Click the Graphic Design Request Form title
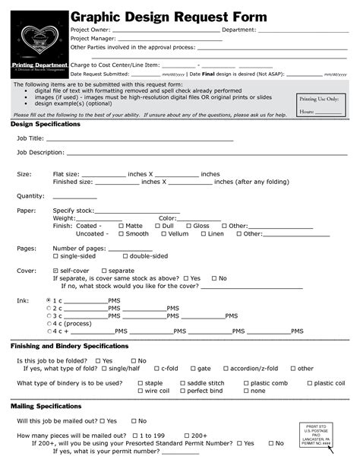click(169, 17)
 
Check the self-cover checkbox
click(55, 271)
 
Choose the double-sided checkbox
click(125, 256)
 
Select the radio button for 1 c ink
click(49, 300)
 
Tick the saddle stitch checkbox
click(182, 383)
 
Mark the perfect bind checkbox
click(182, 391)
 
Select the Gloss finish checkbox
click(188, 226)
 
